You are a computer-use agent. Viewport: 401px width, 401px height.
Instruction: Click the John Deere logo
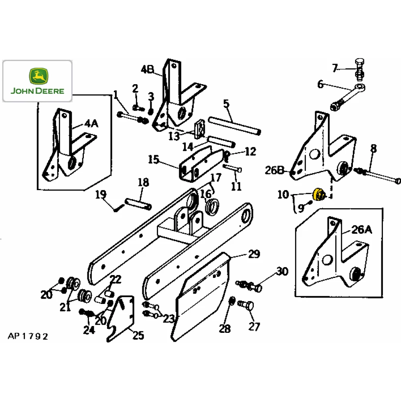tap(37, 81)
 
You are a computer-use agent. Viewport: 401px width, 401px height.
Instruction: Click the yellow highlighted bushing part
tap(319, 194)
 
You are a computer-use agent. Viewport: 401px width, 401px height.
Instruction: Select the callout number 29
tap(253, 254)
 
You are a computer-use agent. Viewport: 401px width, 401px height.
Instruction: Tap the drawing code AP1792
tap(28, 336)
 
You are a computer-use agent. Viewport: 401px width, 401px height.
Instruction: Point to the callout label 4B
tap(148, 70)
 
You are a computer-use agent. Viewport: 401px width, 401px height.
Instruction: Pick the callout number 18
tap(143, 182)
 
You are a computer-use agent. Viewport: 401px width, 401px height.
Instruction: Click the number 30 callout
tap(282, 271)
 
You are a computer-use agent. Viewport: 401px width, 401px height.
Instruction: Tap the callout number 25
tap(138, 335)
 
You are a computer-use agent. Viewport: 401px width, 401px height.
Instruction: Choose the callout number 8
tap(373, 148)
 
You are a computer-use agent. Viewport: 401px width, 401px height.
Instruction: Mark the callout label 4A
tap(91, 124)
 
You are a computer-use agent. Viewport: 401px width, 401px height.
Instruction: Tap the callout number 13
tap(174, 136)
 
